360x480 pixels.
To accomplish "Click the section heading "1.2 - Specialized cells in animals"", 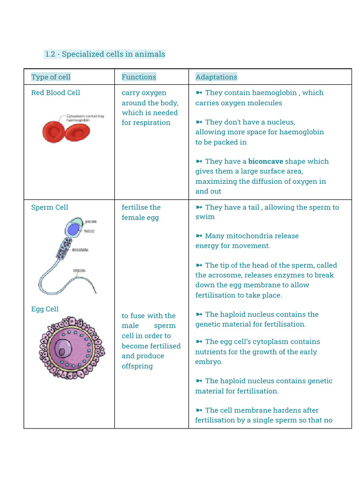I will pyautogui.click(x=105, y=54).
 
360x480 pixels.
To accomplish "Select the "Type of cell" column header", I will pyautogui.click(x=51, y=77).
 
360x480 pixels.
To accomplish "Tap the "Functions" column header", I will pyautogui.click(x=139, y=77).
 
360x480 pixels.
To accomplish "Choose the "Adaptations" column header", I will pyautogui.click(x=216, y=77).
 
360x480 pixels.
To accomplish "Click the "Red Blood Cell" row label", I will pyautogui.click(x=55, y=92).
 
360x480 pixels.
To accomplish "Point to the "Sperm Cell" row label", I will pyautogui.click(x=50, y=207).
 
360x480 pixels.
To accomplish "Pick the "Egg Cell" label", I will pyautogui.click(x=45, y=309).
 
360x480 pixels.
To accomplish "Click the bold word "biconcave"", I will pyautogui.click(x=265, y=161).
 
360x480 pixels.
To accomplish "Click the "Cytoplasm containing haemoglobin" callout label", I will pyautogui.click(x=85, y=118).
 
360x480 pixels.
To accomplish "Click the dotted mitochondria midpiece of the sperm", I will pyautogui.click(x=64, y=249).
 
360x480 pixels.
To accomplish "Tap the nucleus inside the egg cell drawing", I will pyautogui.click(x=62, y=349).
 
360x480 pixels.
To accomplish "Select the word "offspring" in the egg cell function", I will pyautogui.click(x=137, y=366).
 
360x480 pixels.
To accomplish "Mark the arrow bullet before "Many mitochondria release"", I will pyautogui.click(x=199, y=236).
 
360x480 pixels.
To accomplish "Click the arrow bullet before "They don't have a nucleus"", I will pyautogui.click(x=199, y=122).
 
